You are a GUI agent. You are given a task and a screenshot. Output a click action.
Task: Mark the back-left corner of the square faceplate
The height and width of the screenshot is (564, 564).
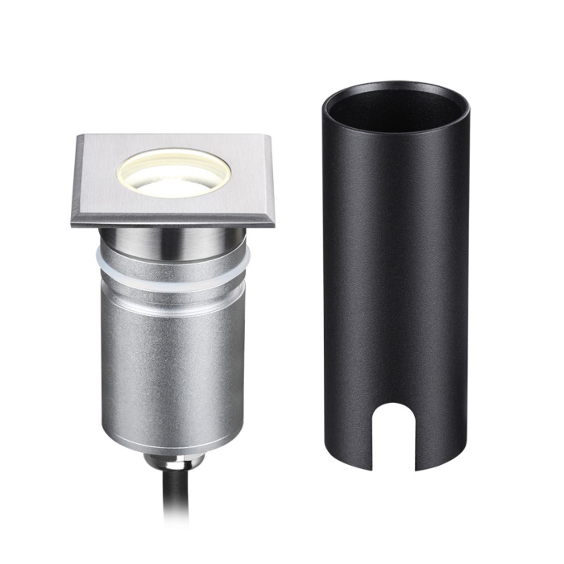click(80, 135)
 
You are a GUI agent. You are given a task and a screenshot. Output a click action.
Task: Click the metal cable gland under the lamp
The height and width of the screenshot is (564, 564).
click(173, 462)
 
